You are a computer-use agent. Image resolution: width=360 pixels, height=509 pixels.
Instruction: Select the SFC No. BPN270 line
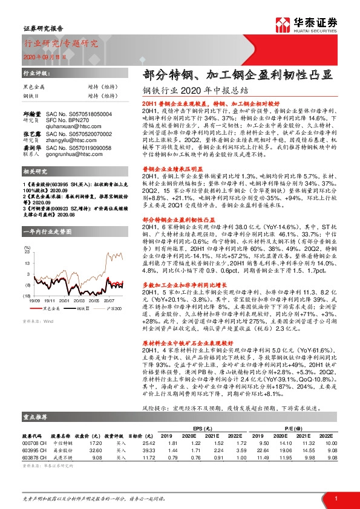(x=77, y=112)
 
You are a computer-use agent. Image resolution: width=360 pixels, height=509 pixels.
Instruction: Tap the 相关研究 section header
(x=35, y=172)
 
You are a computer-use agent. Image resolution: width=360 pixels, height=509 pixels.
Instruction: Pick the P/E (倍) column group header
(x=295, y=423)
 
